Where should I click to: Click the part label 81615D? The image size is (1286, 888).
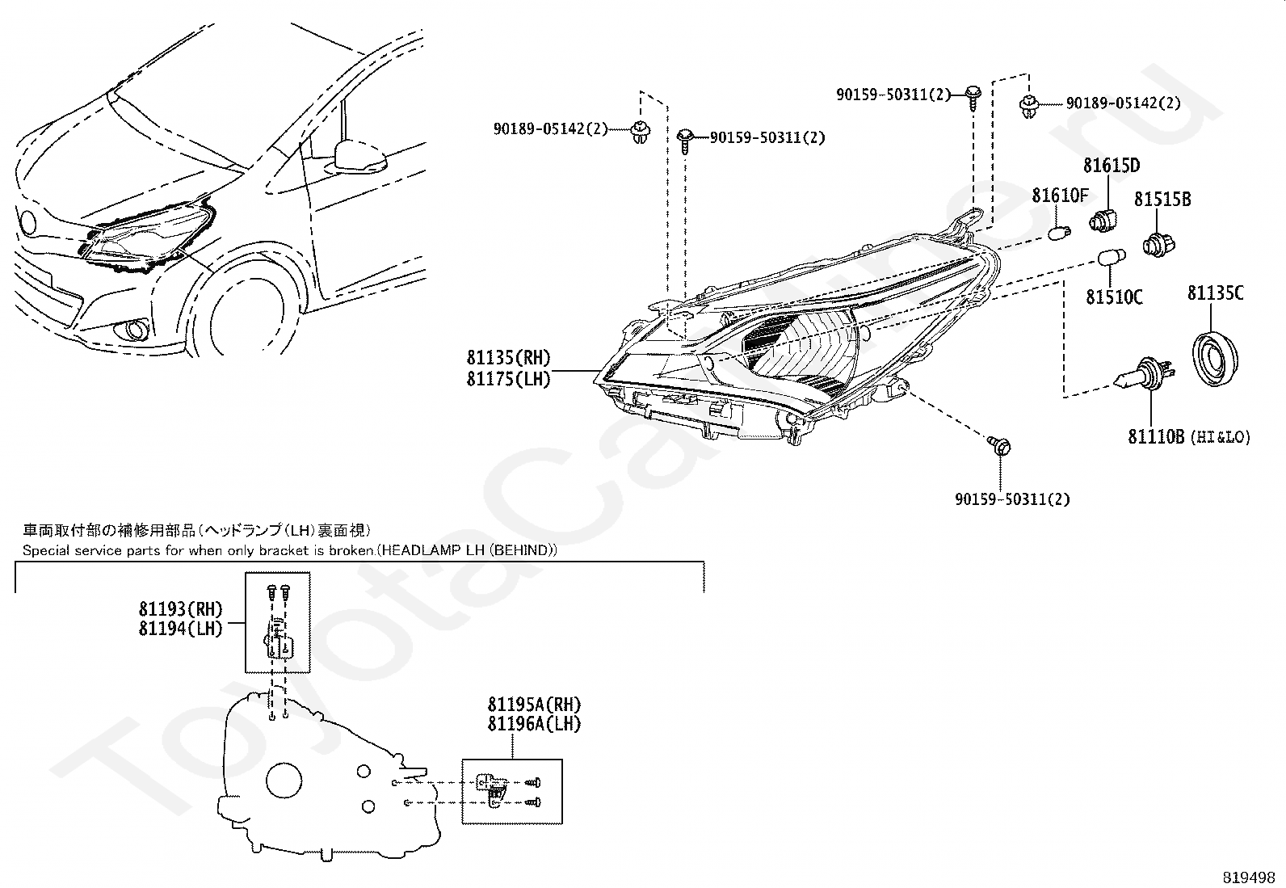(x=1112, y=166)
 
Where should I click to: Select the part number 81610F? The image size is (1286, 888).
(x=1060, y=196)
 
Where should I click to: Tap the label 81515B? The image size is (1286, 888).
(x=1162, y=199)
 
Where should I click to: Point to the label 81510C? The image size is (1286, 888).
(x=1114, y=298)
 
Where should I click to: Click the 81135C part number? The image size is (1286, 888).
(x=1215, y=293)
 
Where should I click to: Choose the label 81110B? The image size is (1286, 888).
(x=1156, y=437)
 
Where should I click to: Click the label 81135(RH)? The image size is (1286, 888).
(x=508, y=357)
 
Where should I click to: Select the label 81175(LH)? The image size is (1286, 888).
(x=508, y=379)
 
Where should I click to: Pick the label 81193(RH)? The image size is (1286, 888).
(x=180, y=609)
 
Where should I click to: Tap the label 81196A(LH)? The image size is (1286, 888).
(x=534, y=725)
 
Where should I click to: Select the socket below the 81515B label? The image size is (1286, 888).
(x=1159, y=242)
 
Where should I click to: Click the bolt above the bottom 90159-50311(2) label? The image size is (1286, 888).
(x=1000, y=444)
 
